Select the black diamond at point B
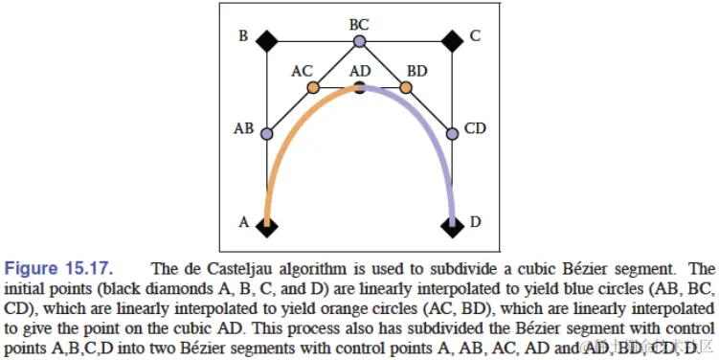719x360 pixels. click(x=266, y=40)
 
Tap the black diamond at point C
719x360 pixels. click(x=452, y=40)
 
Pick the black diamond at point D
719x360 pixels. click(x=452, y=226)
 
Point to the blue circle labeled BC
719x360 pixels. click(x=359, y=41)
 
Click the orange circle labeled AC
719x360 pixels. click(x=313, y=87)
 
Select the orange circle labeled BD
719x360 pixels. click(x=405, y=87)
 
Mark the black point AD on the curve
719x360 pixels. click(x=359, y=89)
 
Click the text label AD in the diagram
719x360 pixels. click(x=360, y=72)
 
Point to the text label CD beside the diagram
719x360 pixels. click(x=475, y=127)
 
